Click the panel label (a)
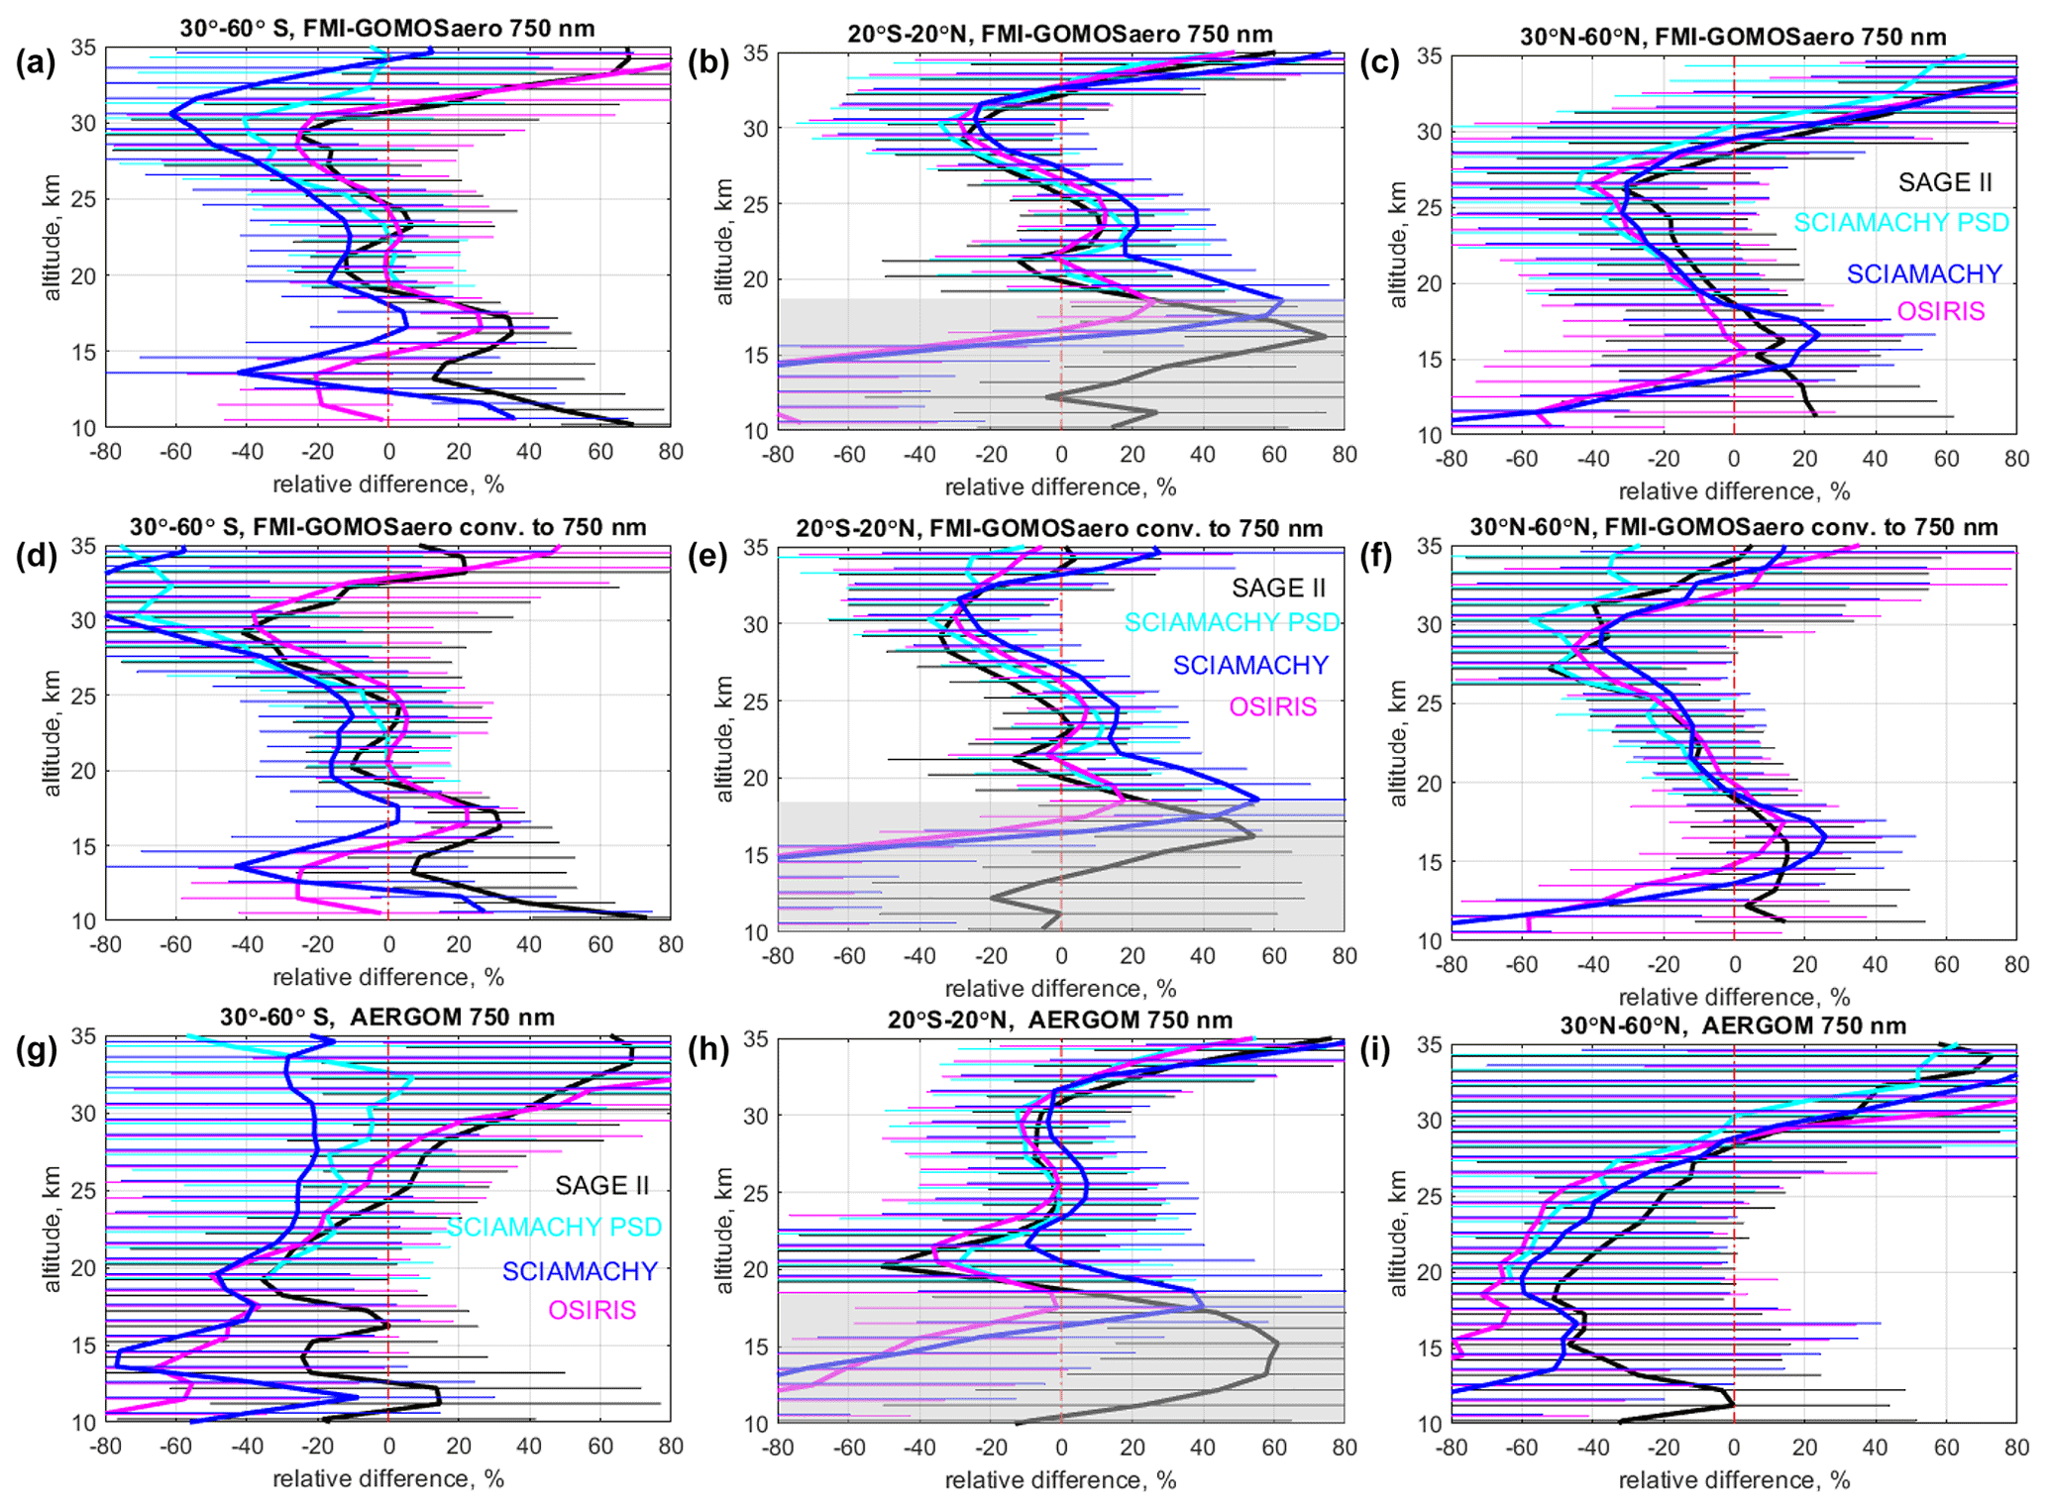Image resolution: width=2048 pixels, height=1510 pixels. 36,63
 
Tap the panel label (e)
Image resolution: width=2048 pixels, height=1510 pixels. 709,557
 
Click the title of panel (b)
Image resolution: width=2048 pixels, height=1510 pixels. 1060,34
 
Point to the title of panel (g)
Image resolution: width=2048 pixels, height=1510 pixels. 387,1018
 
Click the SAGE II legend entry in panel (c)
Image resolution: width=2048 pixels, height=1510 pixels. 1944,182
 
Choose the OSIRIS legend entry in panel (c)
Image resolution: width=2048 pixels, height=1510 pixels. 1940,311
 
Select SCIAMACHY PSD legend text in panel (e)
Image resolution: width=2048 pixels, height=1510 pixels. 1232,622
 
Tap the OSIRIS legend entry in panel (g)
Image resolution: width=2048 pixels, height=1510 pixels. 592,1310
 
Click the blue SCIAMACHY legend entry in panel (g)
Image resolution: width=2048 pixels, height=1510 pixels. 580,1270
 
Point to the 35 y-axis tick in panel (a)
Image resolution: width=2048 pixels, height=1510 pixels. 83,48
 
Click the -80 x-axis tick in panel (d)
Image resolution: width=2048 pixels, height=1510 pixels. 106,944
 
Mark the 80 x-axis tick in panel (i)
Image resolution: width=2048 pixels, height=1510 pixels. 2016,1447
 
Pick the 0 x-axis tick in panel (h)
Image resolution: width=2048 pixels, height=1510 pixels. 1061,1448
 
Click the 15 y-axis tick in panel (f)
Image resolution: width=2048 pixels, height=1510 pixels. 1429,862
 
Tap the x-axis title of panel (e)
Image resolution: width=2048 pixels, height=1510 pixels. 1060,988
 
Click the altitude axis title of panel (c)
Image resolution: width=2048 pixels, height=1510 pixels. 1397,245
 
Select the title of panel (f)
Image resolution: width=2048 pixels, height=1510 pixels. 1733,527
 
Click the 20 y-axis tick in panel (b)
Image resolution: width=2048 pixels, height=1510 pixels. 756,279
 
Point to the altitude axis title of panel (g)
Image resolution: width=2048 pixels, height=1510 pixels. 52,1229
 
